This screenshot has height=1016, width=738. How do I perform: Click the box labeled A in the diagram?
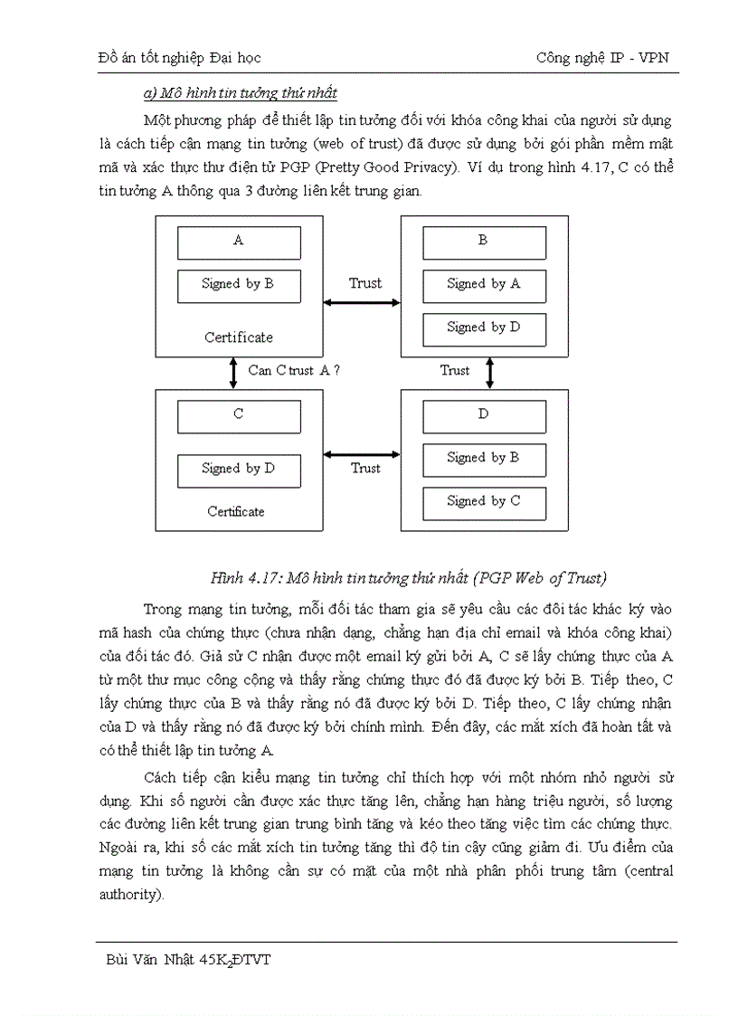[238, 242]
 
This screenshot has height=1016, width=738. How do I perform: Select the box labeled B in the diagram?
[483, 242]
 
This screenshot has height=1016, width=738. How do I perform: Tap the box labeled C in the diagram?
[238, 415]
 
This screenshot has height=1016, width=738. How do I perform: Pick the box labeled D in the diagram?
[483, 415]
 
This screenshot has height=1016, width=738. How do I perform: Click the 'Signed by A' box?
[483, 284]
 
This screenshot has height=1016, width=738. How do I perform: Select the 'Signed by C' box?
[483, 501]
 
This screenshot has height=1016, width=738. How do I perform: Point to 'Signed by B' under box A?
[238, 284]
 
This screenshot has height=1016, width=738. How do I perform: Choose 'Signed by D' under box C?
[238, 469]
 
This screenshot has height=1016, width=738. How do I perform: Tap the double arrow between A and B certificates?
[362, 301]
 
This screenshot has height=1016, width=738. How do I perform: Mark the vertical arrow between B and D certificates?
[489, 370]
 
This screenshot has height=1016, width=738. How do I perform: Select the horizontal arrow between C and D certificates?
[362, 454]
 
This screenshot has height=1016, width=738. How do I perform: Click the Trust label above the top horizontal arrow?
[365, 283]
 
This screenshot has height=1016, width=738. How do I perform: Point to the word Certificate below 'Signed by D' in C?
[236, 511]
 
